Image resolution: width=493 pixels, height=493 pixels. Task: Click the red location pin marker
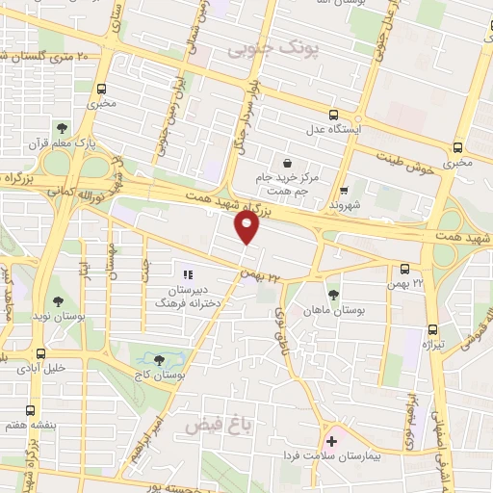[x=247, y=227]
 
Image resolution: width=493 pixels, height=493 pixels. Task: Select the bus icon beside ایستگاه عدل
[x=333, y=113]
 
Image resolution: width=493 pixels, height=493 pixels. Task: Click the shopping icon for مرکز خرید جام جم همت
[x=286, y=162]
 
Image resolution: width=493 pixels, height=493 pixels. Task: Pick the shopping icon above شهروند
[x=345, y=190]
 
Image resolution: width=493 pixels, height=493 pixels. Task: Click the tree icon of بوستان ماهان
[x=333, y=294]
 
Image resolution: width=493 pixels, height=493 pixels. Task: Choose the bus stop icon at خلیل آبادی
[x=39, y=352]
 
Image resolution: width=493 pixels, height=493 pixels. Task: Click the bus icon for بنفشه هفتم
[x=32, y=410]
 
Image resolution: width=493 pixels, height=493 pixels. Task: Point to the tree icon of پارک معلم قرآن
[x=62, y=127]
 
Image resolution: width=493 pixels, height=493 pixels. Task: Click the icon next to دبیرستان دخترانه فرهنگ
[x=187, y=274]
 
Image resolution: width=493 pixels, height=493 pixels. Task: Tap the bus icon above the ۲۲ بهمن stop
[x=404, y=269]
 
